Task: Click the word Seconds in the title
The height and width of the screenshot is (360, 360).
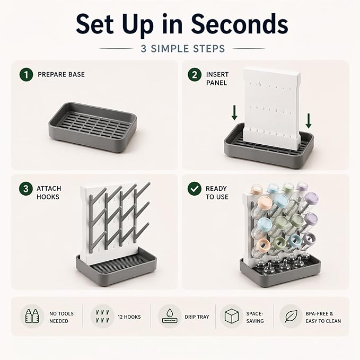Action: point(240,24)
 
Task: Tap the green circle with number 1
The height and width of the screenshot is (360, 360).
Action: point(26,75)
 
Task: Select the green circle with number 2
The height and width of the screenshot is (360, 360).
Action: point(195,75)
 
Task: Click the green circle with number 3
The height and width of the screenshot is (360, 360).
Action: point(25,189)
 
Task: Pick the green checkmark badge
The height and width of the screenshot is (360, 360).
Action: point(195,189)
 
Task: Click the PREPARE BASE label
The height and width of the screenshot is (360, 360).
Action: point(61,74)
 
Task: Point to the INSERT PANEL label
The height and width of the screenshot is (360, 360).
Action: point(217,78)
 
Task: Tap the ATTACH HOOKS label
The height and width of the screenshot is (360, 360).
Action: point(49,192)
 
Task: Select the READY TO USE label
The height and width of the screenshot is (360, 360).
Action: point(217,192)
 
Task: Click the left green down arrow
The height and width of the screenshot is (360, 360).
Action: point(234,112)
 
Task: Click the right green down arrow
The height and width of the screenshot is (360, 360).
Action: point(309,121)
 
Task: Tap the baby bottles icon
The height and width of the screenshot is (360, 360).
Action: point(32,316)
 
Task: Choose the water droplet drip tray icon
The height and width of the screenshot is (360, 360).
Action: point(170,316)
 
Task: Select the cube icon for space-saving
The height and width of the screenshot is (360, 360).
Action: point(231,316)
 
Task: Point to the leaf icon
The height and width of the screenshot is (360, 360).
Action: point(291,316)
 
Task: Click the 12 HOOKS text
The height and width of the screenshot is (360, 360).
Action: point(129,317)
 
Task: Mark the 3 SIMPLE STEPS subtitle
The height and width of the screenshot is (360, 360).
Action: point(183,49)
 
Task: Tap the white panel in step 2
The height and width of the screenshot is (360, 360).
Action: point(272,109)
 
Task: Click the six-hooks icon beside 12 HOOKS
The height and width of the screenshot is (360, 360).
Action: point(102,316)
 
